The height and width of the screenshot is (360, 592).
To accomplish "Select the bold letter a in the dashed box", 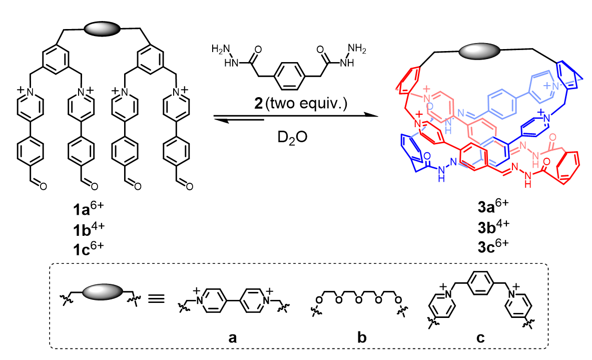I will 231,336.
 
